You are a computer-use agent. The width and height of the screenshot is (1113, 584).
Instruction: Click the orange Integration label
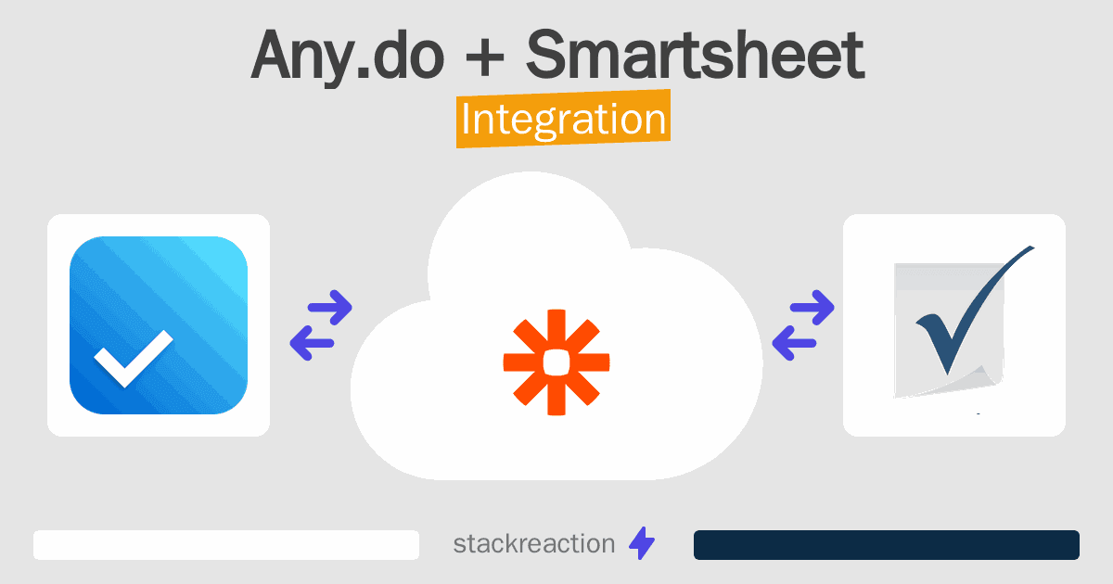click(x=563, y=121)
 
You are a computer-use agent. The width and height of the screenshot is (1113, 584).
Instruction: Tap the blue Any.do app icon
click(x=159, y=325)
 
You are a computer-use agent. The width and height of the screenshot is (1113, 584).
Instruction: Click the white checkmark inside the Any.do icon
click(x=134, y=358)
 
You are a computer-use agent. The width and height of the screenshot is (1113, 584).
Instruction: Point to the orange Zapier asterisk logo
click(x=556, y=362)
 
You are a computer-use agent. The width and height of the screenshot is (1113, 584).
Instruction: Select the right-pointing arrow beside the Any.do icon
click(x=328, y=308)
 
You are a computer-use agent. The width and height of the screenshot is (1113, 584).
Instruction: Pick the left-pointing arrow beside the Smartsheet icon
click(x=795, y=343)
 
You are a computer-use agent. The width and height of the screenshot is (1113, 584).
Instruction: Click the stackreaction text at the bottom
click(x=533, y=544)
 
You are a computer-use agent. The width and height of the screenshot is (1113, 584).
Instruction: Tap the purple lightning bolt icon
click(x=642, y=544)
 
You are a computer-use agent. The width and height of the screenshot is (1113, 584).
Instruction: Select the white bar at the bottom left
click(x=226, y=545)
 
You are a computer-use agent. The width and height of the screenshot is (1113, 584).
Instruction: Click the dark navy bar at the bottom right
click(x=886, y=545)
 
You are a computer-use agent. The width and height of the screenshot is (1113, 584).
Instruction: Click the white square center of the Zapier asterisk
click(x=556, y=362)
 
